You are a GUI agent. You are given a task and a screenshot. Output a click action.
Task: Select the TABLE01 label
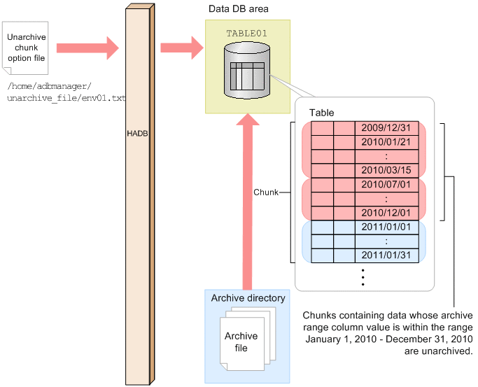coord(246,33)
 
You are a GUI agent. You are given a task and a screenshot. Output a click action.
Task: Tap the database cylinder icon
coord(246,71)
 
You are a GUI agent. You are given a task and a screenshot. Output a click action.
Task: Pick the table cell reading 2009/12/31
coord(386,128)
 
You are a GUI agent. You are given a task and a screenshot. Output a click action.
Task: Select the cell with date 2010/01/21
coord(386,142)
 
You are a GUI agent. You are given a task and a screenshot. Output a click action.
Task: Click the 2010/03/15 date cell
coord(386,170)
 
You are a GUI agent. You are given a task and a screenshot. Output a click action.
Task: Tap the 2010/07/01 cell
coord(386,185)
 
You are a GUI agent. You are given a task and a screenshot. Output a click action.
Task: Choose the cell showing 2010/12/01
coord(386,213)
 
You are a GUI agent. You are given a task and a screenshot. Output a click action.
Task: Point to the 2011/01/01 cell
coord(386,227)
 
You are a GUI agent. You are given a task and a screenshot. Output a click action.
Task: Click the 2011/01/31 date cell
coord(386,255)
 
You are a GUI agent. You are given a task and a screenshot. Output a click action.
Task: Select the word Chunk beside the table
coord(265,191)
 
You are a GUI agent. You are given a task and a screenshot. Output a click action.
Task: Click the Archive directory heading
coord(248,298)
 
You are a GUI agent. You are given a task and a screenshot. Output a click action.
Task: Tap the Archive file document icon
coord(241,342)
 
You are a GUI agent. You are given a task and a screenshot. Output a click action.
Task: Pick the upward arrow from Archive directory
coord(246,203)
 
